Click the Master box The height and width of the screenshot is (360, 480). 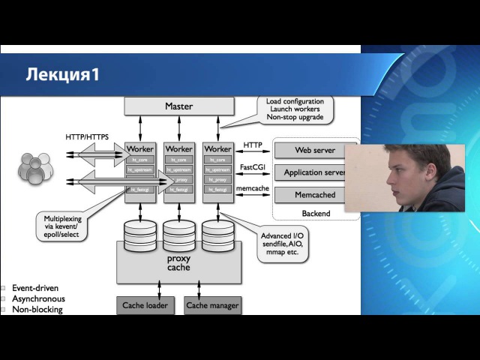click(x=178, y=106)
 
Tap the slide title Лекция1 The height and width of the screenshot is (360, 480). click(x=63, y=75)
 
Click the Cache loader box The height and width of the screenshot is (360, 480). click(x=145, y=305)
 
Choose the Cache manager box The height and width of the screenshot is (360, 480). click(x=212, y=305)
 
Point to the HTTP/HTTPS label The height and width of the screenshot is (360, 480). click(x=87, y=137)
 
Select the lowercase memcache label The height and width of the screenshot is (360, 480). click(x=252, y=189)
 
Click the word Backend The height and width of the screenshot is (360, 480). click(x=316, y=214)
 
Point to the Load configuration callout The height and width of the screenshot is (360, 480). click(x=295, y=109)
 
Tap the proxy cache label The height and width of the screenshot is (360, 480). click(x=178, y=263)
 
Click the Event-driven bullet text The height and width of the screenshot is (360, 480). click(x=35, y=288)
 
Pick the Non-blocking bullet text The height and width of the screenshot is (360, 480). click(x=37, y=309)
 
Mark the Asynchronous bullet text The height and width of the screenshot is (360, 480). click(x=38, y=298)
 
